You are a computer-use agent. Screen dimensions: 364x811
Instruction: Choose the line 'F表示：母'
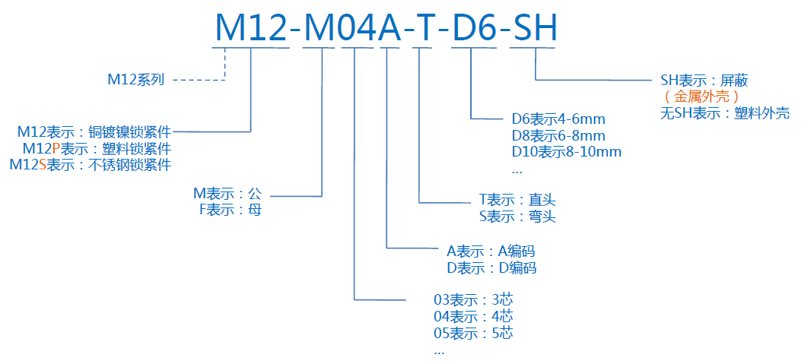(230, 210)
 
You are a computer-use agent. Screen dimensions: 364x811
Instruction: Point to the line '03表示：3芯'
(472, 299)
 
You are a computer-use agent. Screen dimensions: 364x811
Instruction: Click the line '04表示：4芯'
(472, 316)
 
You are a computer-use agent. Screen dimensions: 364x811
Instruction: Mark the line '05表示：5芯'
(472, 333)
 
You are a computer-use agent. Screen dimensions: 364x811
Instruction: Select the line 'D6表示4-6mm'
(558, 119)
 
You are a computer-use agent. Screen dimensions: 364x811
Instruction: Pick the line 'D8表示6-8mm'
(558, 135)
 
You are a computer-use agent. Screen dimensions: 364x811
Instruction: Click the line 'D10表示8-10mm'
(566, 151)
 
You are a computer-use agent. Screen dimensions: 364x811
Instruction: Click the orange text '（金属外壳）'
(701, 97)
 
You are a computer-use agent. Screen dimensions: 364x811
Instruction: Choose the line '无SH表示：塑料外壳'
(724, 113)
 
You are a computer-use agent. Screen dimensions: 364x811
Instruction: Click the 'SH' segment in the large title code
(535, 29)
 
